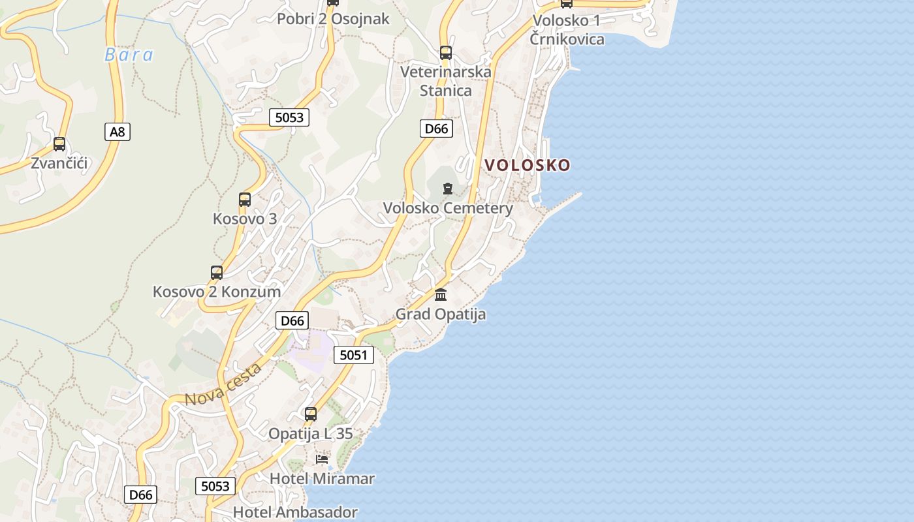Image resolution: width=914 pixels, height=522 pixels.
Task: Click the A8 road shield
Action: (117, 132)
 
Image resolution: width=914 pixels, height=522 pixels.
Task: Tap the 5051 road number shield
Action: (354, 355)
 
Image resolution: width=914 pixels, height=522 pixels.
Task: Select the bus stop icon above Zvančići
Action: (59, 144)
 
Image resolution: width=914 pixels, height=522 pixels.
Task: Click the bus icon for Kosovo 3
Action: (245, 200)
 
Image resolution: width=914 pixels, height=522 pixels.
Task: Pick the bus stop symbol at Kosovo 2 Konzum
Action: (217, 273)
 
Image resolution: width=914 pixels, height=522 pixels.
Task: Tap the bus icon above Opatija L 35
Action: (311, 414)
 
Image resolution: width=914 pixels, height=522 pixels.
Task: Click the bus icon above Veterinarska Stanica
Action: (446, 53)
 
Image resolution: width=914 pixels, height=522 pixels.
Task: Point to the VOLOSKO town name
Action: (528, 165)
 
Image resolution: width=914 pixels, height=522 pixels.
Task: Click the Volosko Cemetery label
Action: (448, 208)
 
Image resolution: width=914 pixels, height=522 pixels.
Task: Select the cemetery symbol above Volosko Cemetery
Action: (447, 189)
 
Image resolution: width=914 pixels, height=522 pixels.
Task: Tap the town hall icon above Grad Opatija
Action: (441, 295)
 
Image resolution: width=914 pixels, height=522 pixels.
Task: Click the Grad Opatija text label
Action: (441, 315)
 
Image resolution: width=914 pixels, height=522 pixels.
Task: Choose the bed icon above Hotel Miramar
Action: (322, 459)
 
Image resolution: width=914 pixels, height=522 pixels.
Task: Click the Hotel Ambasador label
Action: (295, 512)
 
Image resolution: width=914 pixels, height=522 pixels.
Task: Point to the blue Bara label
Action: (129, 55)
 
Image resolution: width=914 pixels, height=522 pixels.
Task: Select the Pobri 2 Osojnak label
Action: (333, 19)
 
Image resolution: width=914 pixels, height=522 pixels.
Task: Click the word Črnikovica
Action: (567, 39)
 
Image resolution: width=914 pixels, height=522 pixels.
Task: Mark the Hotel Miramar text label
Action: (322, 478)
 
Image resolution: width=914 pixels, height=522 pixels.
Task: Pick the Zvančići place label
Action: (59, 163)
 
